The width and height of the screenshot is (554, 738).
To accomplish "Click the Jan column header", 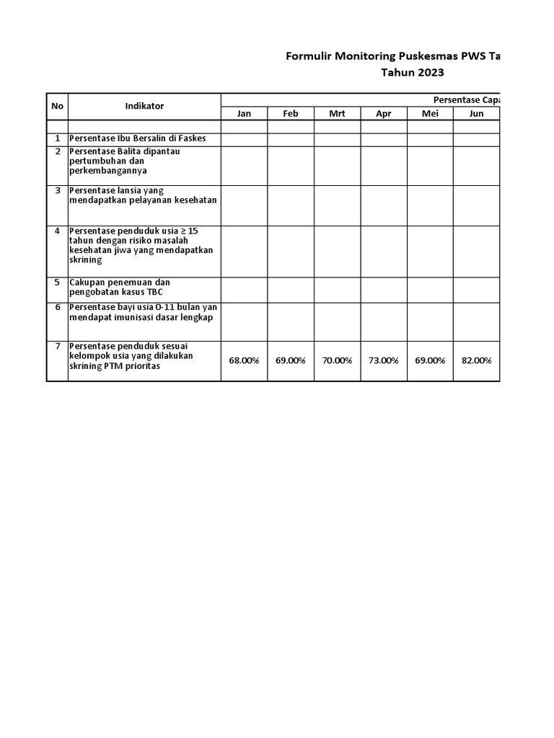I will coord(244,114).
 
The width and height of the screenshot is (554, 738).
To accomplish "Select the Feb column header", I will coord(290,114).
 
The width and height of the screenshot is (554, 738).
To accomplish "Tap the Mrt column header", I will coord(337,114).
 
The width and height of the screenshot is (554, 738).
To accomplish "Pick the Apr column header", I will coord(383,114).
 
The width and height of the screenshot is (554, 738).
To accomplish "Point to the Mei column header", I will coord(430,114).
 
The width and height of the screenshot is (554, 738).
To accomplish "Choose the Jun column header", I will coord(476,114).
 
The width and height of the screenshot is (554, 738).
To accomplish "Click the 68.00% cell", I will coord(244,360).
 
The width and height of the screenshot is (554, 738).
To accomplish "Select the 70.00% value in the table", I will coord(337,360).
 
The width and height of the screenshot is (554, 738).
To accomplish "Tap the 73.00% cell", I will coord(383,360).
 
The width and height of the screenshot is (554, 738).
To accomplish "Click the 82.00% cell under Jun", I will coord(476,360).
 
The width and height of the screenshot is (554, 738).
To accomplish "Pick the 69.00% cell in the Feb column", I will coord(290,360).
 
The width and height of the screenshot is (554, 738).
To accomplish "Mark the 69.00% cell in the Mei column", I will coord(430,360).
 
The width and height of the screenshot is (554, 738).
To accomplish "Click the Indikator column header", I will coord(144,106).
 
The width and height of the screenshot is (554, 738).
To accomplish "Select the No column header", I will coord(57,106).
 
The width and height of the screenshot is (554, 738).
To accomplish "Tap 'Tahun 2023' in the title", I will coord(412,72).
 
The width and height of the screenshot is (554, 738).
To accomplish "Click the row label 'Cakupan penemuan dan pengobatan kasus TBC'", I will coord(120,288).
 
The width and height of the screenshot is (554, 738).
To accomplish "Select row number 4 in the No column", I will coord(57,231).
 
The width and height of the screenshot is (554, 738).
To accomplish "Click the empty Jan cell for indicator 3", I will coord(244,205).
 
